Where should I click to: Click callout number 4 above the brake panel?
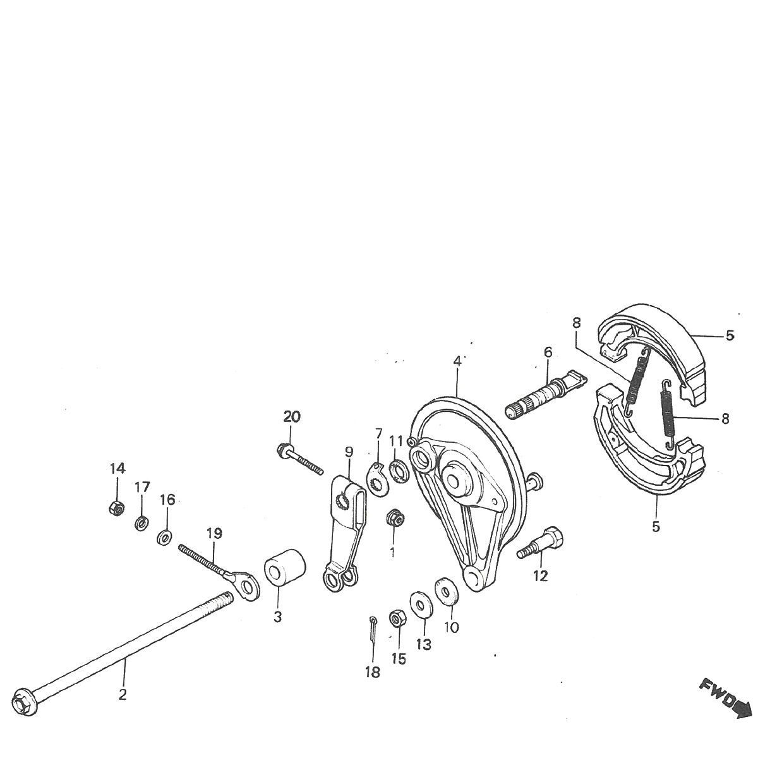pos(457,361)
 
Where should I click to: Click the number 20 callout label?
pos(292,417)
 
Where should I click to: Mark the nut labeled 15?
pos(398,618)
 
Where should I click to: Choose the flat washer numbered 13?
pos(420,604)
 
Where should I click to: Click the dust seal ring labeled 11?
pos(399,471)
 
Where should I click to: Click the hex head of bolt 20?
pos(282,450)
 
